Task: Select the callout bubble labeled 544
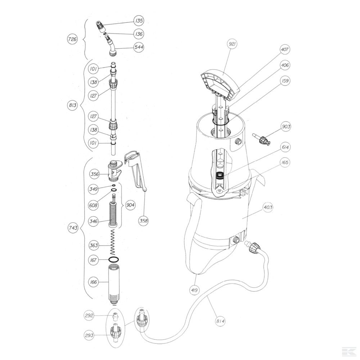click(x=139, y=47)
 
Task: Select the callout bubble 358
click(x=144, y=221)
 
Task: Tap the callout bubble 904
click(x=131, y=205)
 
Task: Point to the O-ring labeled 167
click(x=114, y=260)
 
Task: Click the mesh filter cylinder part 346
click(x=114, y=214)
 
